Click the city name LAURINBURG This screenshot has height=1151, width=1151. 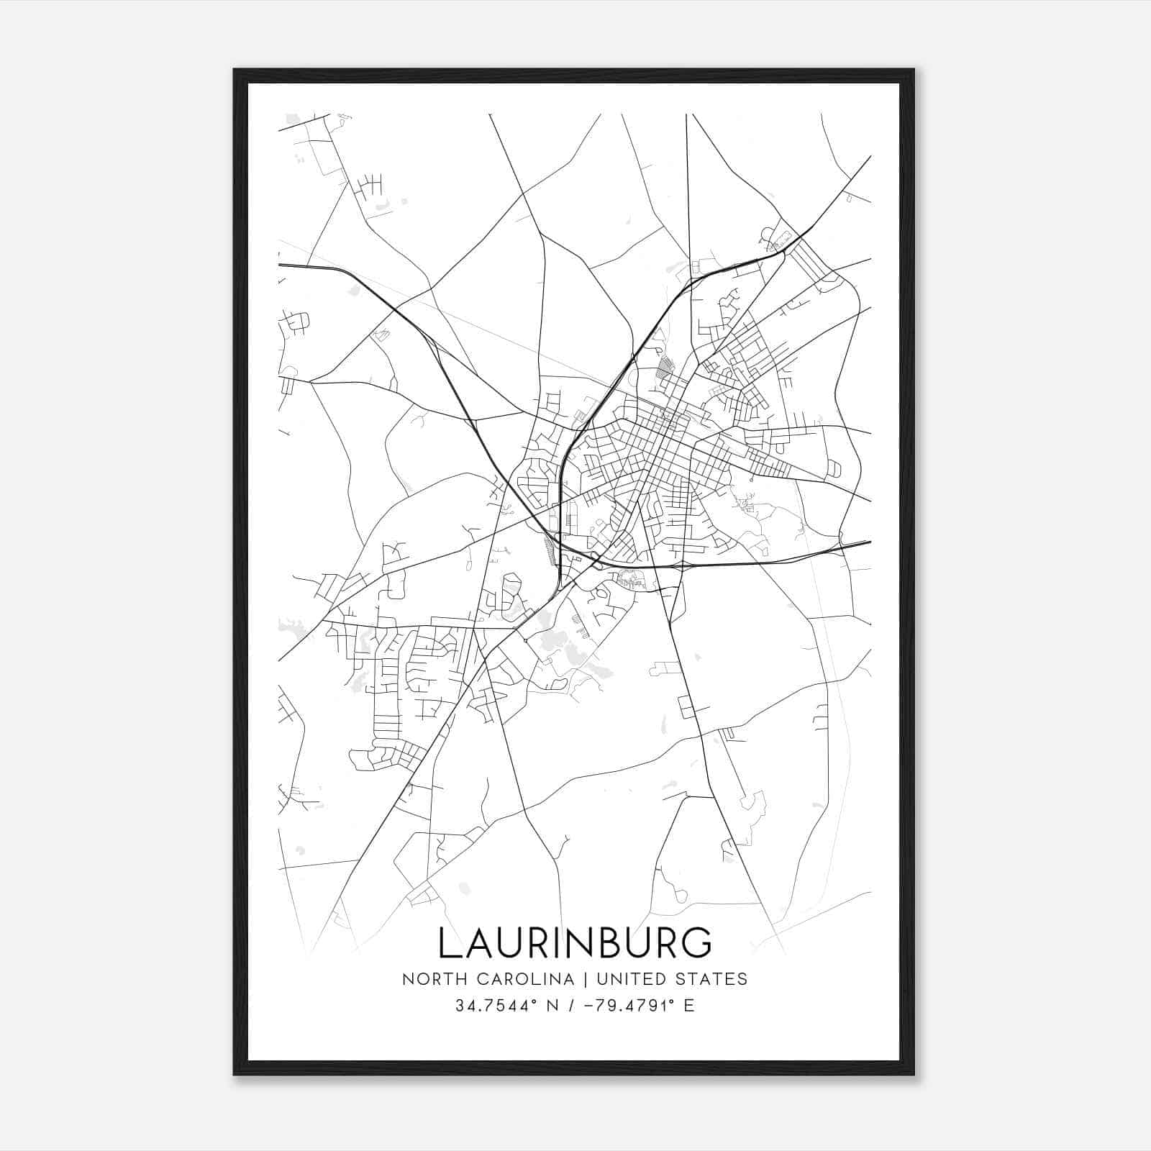575,942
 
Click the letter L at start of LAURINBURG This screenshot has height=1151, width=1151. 449,942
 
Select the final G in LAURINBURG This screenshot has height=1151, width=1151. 696,942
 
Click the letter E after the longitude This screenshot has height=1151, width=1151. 689,1006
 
